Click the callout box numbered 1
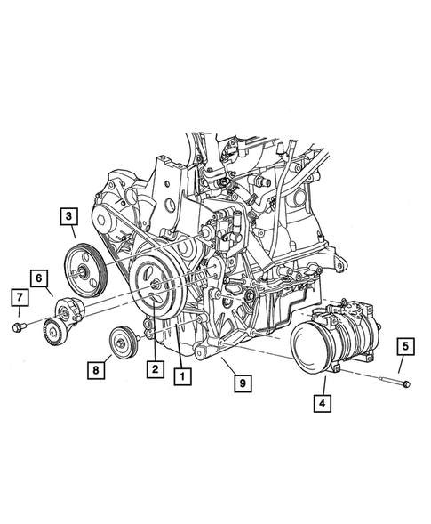pos(182,375)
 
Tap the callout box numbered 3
pos(68,214)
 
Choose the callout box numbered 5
pos(403,344)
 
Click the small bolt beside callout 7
pos(20,328)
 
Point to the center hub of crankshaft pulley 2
pos(155,285)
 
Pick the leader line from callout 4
pos(324,385)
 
